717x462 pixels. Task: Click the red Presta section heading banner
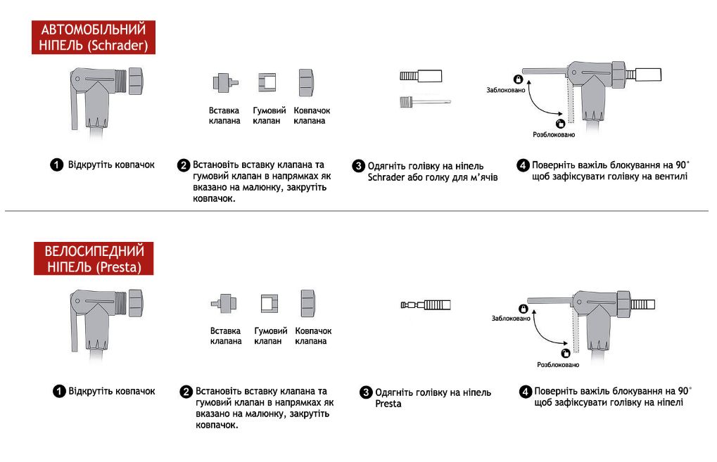[x=94, y=259]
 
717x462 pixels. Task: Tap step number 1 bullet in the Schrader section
[x=56, y=165]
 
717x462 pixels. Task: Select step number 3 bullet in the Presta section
[x=366, y=392]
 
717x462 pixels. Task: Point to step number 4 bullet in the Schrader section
[x=523, y=165]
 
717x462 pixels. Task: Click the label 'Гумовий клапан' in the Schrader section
[x=268, y=115]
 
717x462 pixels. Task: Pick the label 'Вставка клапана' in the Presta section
[x=226, y=335]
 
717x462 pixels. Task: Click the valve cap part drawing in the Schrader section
[x=306, y=83]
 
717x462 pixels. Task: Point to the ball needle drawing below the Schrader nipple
[x=424, y=102]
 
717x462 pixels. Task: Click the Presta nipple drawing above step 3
[x=425, y=305]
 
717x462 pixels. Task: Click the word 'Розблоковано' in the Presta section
[x=558, y=365]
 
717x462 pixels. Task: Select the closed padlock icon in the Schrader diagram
[x=517, y=79]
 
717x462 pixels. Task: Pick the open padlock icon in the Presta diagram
[x=564, y=353]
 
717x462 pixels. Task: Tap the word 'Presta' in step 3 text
[x=388, y=404]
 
